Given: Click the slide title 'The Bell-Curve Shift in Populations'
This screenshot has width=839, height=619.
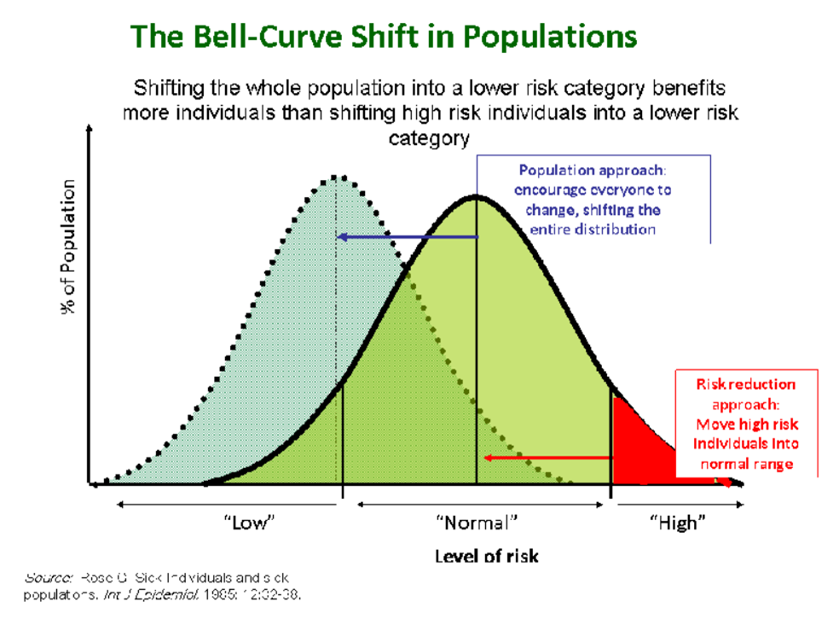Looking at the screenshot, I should pyautogui.click(x=383, y=37).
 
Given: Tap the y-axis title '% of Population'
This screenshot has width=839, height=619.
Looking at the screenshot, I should pyautogui.click(x=68, y=247).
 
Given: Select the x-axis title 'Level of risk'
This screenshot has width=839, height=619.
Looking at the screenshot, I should pyautogui.click(x=486, y=556).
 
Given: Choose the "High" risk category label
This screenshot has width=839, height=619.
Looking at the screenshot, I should pyautogui.click(x=678, y=522).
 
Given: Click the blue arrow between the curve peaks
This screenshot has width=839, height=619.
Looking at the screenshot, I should pyautogui.click(x=406, y=236).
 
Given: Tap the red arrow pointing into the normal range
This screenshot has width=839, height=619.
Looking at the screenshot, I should pyautogui.click(x=546, y=458).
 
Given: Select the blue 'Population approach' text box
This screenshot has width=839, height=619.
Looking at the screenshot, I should pyautogui.click(x=593, y=199).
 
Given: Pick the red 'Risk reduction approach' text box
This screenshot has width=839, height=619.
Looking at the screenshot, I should pyautogui.click(x=746, y=424).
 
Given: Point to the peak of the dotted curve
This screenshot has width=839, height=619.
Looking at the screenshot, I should pyautogui.click(x=338, y=176).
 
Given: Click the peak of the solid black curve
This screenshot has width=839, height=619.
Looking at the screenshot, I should pyautogui.click(x=476, y=197).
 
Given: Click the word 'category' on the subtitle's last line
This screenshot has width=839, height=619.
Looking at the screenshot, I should pyautogui.click(x=430, y=138).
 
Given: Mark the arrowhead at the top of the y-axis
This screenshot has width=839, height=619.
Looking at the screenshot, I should pyautogui.click(x=90, y=129).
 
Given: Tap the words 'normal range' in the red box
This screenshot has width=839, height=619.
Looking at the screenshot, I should pyautogui.click(x=747, y=464).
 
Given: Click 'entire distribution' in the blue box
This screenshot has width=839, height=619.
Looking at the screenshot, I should pyautogui.click(x=593, y=229).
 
